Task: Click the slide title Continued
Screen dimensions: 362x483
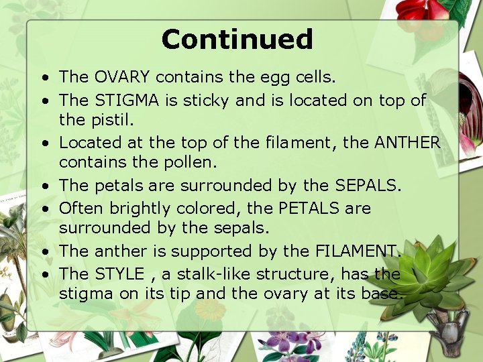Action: coord(237,40)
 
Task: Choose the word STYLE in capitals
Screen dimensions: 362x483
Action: coord(119,274)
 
